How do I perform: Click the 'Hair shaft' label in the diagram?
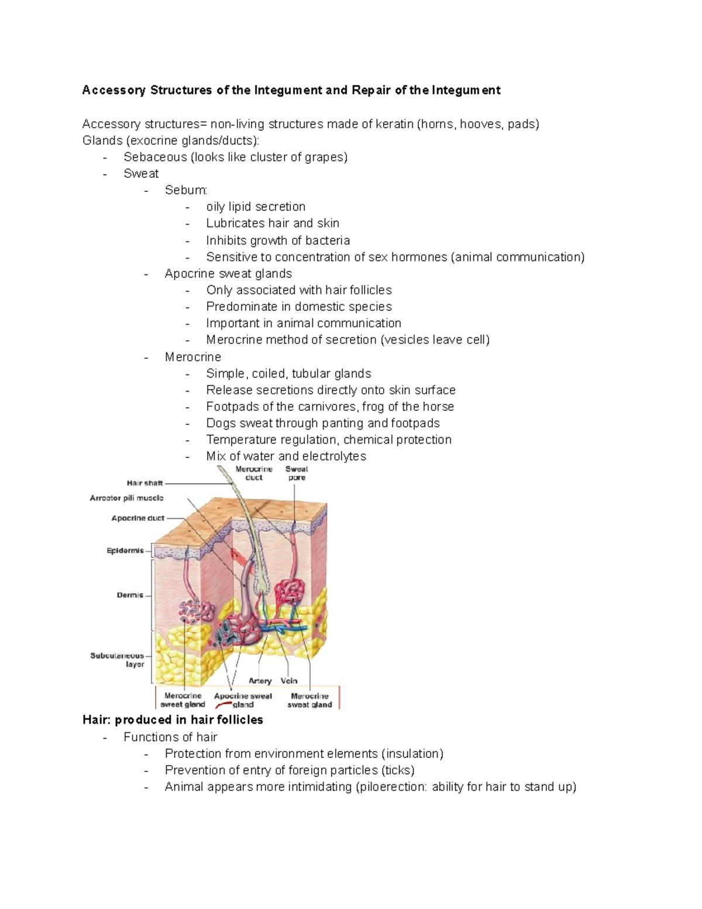coord(144,483)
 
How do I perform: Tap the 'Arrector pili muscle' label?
coord(126,498)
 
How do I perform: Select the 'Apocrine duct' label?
coord(138,518)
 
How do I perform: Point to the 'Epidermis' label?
coord(125,550)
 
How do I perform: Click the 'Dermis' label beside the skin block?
coord(130,595)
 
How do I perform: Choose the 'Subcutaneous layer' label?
coord(117,660)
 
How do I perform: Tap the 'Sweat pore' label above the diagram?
coord(297,473)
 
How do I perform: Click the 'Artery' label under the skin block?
coord(260,681)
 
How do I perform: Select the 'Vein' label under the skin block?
coord(289,681)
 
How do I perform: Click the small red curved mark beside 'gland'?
coord(223,706)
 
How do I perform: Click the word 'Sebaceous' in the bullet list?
coord(155,157)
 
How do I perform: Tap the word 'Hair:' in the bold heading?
coord(97,720)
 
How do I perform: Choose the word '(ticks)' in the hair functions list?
coord(398,770)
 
